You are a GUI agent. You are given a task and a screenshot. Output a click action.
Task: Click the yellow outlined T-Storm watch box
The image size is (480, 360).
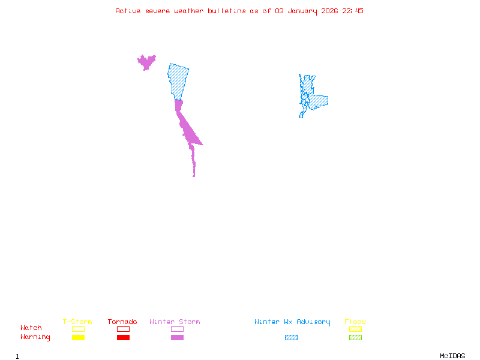pos(78,329)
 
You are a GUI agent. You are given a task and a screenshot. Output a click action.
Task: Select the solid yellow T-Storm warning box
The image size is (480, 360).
pos(78,338)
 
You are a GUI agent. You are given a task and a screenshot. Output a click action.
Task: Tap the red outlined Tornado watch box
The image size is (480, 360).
pos(123,329)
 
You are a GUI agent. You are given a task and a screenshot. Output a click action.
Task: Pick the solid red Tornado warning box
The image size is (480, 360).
pos(123,338)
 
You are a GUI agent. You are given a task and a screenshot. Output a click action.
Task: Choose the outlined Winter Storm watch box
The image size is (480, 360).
pos(177,329)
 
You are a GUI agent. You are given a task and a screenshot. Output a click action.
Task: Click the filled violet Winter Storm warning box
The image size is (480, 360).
pos(177,338)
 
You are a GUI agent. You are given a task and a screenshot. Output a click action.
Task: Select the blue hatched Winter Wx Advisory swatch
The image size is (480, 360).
pos(291,338)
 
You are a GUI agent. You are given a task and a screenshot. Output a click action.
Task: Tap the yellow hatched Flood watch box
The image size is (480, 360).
pos(355,329)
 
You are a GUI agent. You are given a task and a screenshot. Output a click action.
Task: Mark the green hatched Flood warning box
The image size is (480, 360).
pos(355,338)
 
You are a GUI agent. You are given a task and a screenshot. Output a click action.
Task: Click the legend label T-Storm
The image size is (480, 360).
pos(77,322)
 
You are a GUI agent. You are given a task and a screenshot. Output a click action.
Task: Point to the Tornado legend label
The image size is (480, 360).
pos(122,322)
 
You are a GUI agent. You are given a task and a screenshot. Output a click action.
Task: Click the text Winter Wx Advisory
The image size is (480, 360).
pos(292,322)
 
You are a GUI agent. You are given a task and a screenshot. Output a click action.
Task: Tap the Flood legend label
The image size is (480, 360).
pos(355,322)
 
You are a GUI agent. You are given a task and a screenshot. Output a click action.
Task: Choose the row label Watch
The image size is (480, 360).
pos(31,328)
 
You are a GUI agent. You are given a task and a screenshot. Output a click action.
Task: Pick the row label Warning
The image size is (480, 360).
pos(35,337)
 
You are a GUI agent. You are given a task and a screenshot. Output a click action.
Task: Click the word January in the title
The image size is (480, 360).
pos(303,11)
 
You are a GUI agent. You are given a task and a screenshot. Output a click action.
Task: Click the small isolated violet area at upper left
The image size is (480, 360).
pos(146,61)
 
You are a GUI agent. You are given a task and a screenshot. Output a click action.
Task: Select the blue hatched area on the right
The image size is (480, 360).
pos(316,100)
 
